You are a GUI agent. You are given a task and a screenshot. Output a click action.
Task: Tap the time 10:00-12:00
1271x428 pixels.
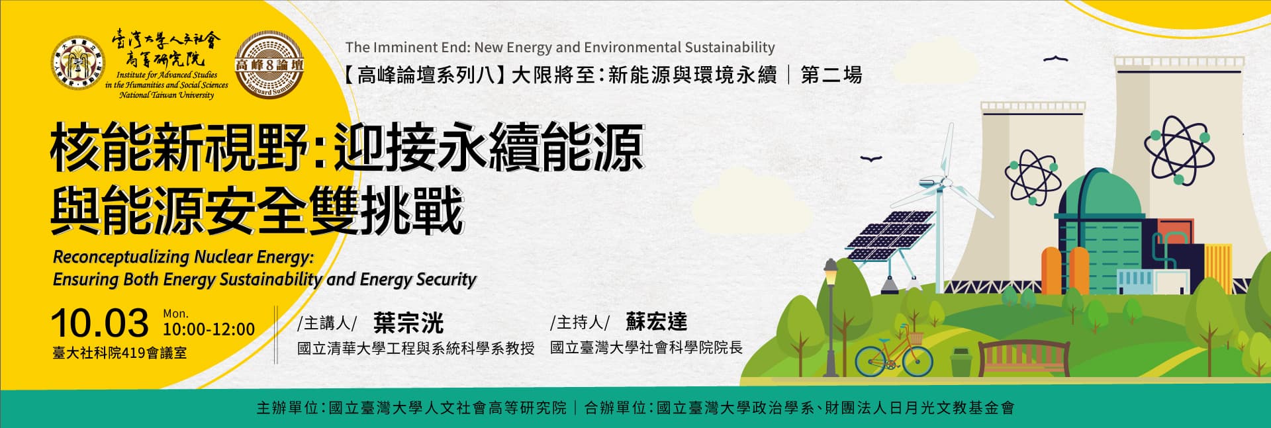point(209,329)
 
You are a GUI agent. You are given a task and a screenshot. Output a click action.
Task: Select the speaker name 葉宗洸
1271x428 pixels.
point(408,323)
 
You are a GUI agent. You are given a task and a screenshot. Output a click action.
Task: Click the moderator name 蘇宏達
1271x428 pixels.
point(657,322)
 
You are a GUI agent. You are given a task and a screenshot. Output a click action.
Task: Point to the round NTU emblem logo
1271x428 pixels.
point(78,65)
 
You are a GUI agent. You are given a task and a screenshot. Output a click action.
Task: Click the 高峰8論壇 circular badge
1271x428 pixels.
point(269,65)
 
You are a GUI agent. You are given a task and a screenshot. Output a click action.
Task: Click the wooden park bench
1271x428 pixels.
point(1023,358)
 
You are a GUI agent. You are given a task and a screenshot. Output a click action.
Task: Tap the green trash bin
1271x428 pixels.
point(960,362)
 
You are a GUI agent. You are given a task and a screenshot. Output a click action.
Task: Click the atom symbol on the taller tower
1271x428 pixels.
point(1179,150)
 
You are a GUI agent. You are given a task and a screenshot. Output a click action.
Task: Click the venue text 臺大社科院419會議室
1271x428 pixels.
point(120,353)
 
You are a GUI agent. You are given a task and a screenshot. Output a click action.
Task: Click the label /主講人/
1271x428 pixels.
point(328,323)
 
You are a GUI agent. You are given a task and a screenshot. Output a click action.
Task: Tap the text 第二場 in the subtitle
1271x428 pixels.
point(831,75)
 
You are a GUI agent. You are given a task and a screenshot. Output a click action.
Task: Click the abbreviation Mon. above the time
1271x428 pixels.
point(176,314)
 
